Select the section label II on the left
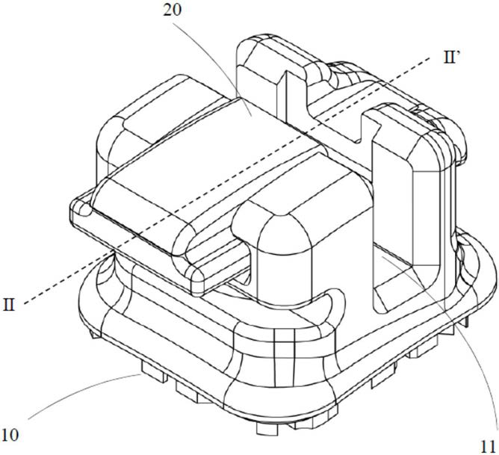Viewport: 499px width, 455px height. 11,306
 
